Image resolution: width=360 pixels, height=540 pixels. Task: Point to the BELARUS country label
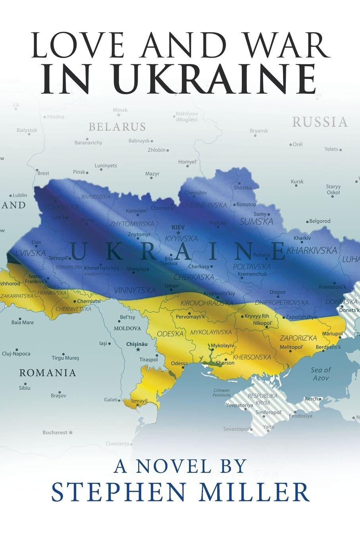tap(117, 127)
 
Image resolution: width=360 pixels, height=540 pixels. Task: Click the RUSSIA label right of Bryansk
tap(320, 122)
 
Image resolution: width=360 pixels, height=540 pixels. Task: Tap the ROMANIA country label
tap(48, 373)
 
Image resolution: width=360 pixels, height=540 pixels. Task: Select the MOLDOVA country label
tap(127, 328)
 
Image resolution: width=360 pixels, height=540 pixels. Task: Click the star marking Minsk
tap(119, 115)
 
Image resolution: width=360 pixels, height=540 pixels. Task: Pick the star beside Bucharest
tap(71, 432)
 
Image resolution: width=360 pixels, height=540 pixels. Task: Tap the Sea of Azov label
tap(321, 374)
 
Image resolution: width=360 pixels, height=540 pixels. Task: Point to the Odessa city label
tap(179, 363)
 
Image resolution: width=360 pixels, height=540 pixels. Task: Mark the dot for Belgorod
tap(307, 222)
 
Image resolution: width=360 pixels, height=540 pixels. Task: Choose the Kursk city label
tap(297, 181)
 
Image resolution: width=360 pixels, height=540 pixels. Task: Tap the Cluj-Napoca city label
tap(16, 353)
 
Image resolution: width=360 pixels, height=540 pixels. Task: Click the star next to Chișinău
tap(138, 350)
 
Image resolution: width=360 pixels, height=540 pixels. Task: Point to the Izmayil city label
tap(139, 401)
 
